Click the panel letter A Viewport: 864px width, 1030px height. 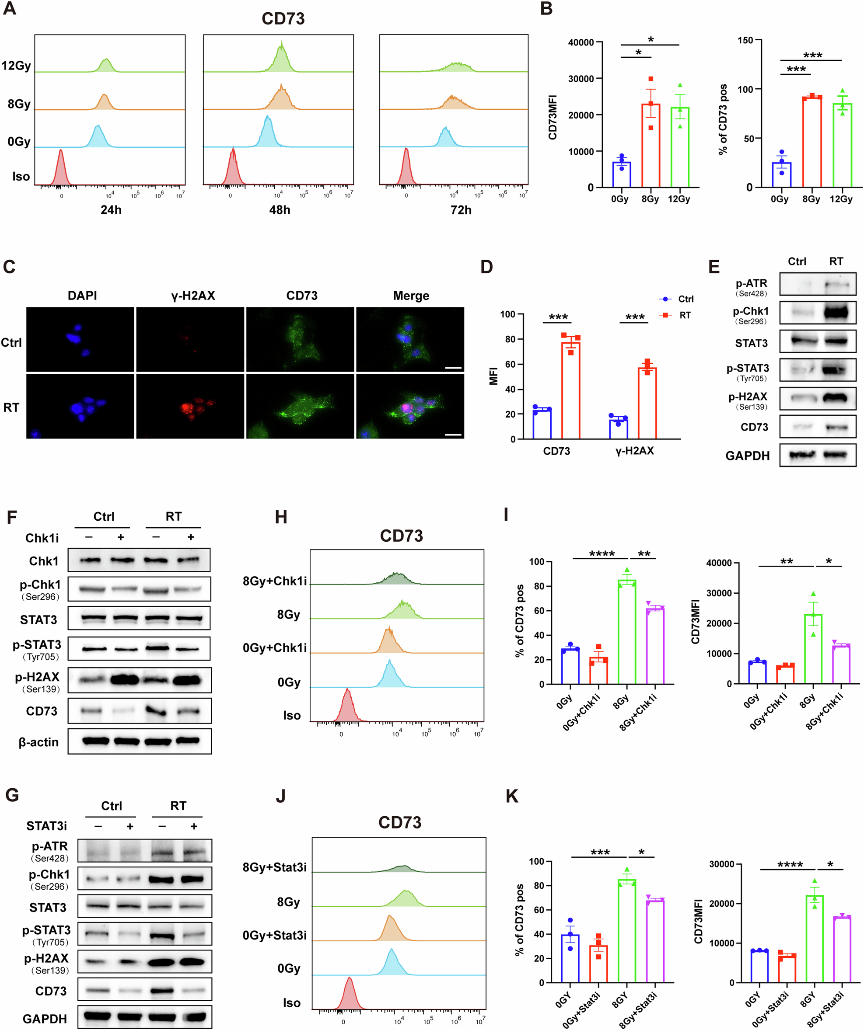(x=9, y=8)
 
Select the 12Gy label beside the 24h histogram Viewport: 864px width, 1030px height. (x=16, y=66)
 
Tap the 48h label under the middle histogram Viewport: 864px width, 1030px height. (x=280, y=210)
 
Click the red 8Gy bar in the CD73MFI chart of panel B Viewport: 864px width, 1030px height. (x=651, y=147)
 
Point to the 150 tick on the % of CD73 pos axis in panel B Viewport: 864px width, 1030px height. (x=745, y=40)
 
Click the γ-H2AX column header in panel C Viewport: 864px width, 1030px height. (x=193, y=296)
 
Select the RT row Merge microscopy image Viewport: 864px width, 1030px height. (x=410, y=407)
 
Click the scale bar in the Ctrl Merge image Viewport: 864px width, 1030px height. (x=453, y=368)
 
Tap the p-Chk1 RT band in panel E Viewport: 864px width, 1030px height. (x=836, y=313)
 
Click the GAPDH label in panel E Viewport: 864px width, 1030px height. (x=747, y=456)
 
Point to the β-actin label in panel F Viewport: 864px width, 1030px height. (x=39, y=742)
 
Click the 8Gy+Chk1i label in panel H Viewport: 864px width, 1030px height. (x=274, y=581)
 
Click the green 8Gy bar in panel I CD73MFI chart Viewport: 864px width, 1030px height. (x=813, y=650)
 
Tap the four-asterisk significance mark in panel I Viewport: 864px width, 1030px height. (x=602, y=554)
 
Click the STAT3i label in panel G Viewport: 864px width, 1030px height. (x=47, y=826)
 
